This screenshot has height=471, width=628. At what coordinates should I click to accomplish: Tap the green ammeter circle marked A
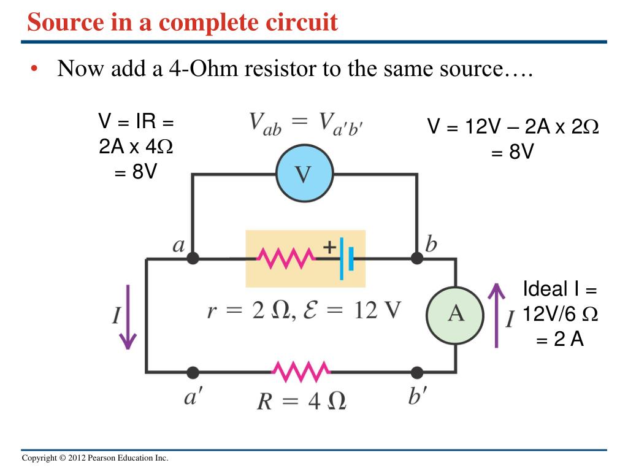(456, 314)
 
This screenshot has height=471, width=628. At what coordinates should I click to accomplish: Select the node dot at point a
(193, 259)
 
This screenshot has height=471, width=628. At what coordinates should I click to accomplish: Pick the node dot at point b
(417, 259)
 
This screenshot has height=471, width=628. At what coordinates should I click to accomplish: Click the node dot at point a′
(193, 372)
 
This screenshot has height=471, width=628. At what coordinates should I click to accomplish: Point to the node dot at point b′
(417, 372)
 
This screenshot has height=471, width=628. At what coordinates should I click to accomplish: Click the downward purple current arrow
(128, 317)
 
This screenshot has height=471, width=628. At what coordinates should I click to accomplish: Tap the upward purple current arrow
(496, 314)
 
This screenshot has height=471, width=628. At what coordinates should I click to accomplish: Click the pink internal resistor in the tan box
(286, 258)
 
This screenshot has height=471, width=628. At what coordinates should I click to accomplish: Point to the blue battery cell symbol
(347, 259)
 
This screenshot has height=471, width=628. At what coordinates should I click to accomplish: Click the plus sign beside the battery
(329, 247)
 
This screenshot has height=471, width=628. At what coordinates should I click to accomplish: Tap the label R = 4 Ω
(301, 400)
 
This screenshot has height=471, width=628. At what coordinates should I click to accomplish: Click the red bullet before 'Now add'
(35, 69)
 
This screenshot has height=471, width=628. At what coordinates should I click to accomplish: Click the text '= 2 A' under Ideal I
(559, 339)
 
